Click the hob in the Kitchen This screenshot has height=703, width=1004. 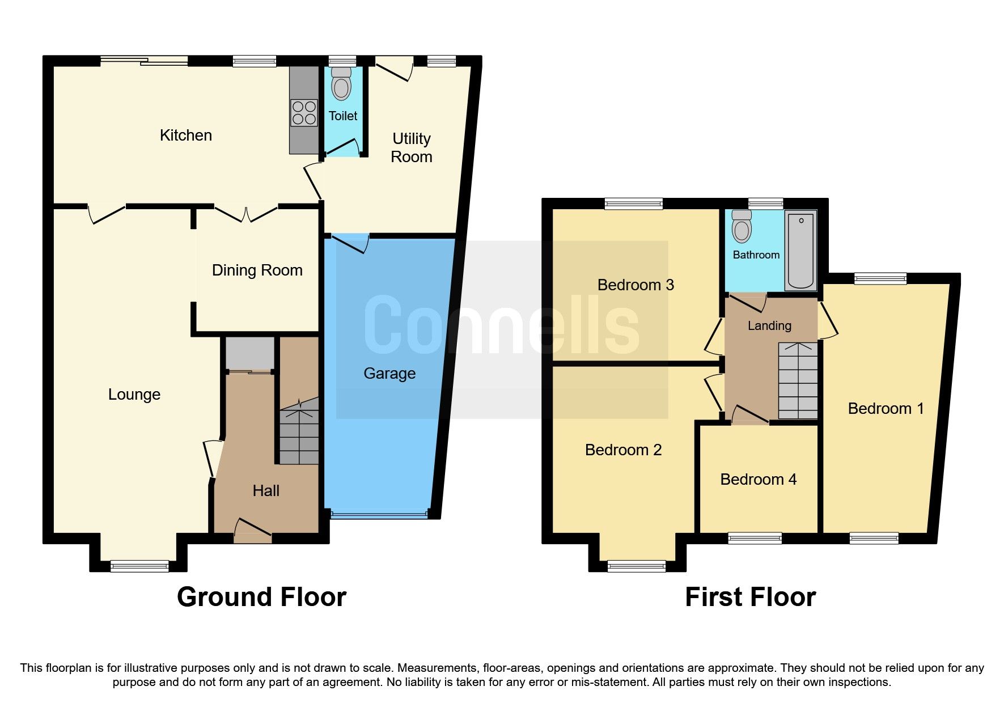point(303,112)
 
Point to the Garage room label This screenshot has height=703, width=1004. point(389,374)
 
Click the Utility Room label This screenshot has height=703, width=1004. point(412,147)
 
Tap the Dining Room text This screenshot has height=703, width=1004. point(257,270)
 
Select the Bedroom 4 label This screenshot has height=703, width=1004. point(758,480)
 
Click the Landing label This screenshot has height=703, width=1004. point(769,326)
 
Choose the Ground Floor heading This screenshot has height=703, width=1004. point(261,597)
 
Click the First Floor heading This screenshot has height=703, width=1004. point(750,597)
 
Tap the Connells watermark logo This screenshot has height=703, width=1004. point(502,329)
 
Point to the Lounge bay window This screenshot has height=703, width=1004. point(139,565)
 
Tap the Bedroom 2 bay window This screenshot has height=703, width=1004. point(636,565)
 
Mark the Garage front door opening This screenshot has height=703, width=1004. point(379,515)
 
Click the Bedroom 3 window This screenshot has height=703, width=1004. point(633,204)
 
